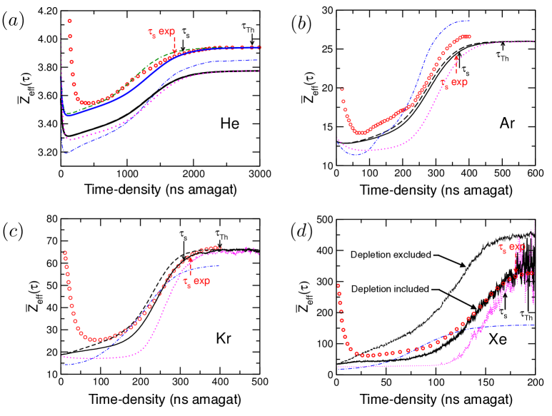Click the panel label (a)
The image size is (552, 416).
coord(14,21)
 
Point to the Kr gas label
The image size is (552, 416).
coord(232,334)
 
